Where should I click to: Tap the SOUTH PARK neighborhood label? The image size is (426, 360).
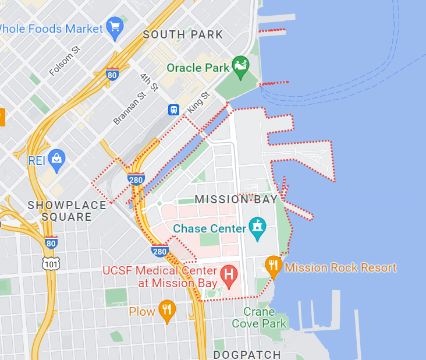coord(183,35)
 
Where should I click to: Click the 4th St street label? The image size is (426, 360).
coord(150,82)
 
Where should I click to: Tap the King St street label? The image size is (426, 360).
coord(198,103)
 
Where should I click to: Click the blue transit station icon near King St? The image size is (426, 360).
coord(173,110)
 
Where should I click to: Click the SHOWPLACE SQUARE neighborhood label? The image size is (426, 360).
coord(68,211)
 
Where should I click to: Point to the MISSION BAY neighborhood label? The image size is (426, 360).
coord(236,199)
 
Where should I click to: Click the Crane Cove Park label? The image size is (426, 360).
coord(259,317)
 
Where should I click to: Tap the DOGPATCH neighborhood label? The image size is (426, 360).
coord(247,354)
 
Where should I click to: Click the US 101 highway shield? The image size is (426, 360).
coord(51,263)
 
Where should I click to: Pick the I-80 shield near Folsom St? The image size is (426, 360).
coord(112,74)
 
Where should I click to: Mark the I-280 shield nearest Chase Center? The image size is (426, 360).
coord(160,252)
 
